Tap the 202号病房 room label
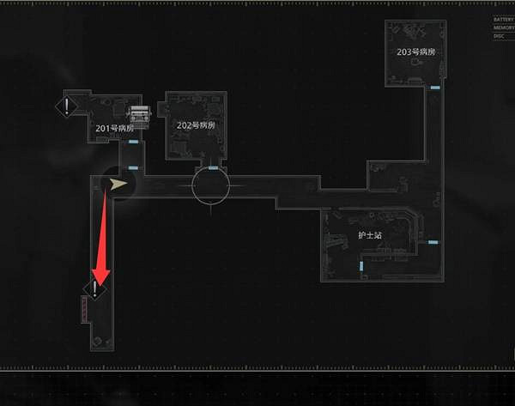click(x=196, y=125)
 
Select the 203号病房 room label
click(x=416, y=52)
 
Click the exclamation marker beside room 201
click(x=67, y=106)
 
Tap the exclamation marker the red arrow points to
click(x=94, y=289)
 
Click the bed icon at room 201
click(x=140, y=115)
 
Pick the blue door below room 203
click(x=435, y=88)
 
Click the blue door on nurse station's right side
click(x=433, y=244)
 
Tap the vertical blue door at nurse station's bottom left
click(x=362, y=268)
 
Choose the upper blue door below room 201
click(x=133, y=142)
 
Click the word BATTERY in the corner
click(x=503, y=19)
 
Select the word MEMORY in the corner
click(x=503, y=27)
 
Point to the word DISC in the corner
click(x=499, y=36)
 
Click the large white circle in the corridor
click(x=210, y=185)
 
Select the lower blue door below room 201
click(x=133, y=167)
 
